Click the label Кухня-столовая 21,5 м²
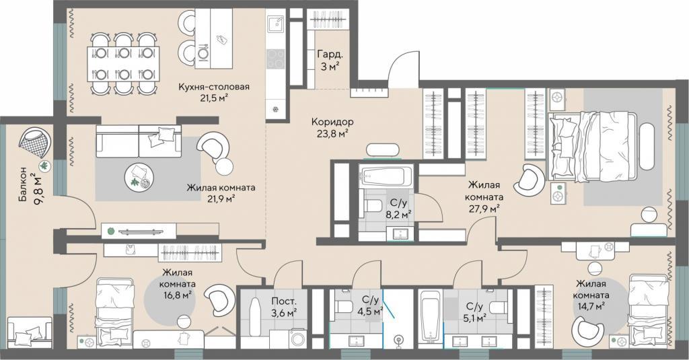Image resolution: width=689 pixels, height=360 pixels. coord(213,92)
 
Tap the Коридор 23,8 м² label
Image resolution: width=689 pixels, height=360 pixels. coord(332,127)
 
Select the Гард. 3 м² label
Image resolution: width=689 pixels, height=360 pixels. coord(330,60)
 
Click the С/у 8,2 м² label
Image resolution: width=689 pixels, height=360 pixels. coord(398,209)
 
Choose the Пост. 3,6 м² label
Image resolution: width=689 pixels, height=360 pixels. coord(283,307)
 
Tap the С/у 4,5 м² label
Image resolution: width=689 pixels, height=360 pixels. coord(371,305)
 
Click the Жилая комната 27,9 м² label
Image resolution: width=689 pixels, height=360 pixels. coord(483,197)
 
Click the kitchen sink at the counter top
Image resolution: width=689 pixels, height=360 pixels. coord(277,24)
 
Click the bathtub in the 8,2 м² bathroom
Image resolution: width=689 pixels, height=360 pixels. coord(386,177)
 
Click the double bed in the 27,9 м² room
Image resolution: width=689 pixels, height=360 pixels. coord(591,146)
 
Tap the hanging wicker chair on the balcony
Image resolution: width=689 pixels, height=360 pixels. coord(35,143)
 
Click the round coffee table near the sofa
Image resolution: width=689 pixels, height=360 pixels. coord(140,178)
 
